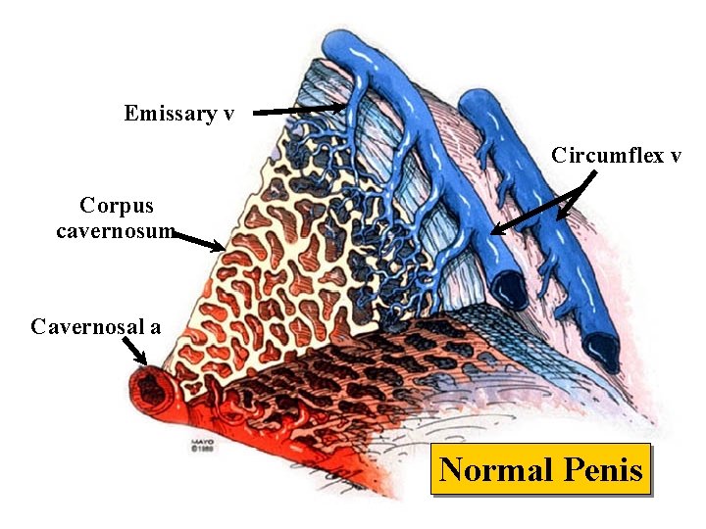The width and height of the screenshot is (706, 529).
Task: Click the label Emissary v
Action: coord(179,113)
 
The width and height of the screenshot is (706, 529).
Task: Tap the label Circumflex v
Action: coord(616,155)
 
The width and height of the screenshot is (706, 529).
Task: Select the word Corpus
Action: coord(117,206)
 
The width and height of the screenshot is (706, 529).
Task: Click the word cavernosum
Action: coord(115,232)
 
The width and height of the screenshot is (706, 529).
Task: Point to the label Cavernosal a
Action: coord(96,326)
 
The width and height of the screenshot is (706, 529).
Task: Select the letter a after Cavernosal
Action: coord(155,327)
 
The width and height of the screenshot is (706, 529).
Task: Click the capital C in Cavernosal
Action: coord(38,326)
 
